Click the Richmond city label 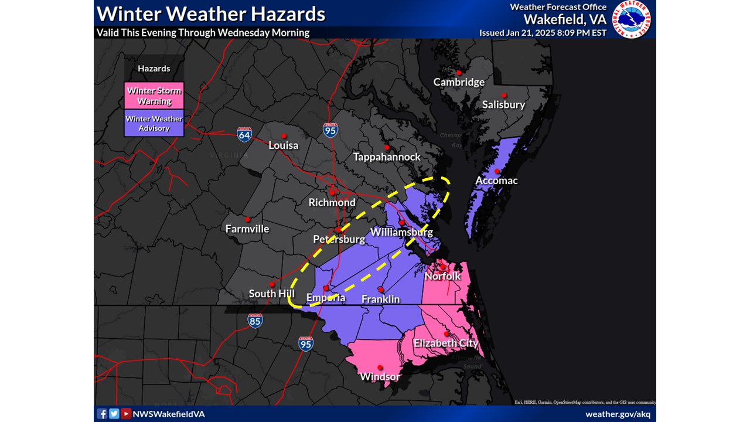[x=332, y=202]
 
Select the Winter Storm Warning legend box [x=154, y=96]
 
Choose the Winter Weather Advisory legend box [x=154, y=123]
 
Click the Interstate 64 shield [x=245, y=135]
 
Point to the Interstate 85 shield [x=255, y=320]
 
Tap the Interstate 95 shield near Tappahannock [x=330, y=130]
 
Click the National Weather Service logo [x=632, y=19]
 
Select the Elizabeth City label [x=446, y=343]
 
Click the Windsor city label [x=380, y=376]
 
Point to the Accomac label [x=496, y=181]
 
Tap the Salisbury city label [x=503, y=105]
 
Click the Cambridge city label [x=459, y=82]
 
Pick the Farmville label [x=247, y=229]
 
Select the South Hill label [x=271, y=294]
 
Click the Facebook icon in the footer [x=102, y=414]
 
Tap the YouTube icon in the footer [x=126, y=414]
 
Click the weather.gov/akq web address [x=618, y=414]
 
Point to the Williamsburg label [x=401, y=232]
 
